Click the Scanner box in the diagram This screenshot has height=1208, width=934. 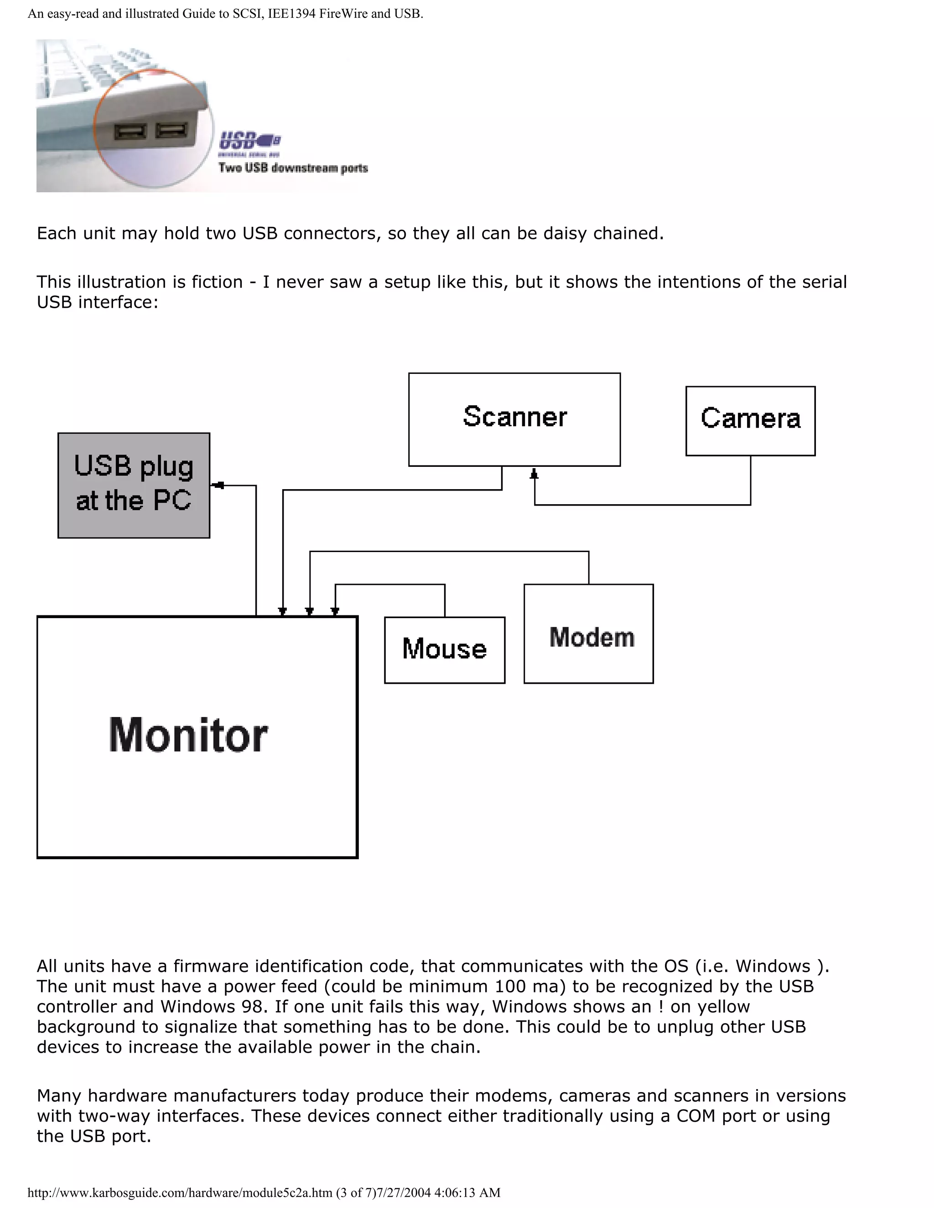514,419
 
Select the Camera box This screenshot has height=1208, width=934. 750,420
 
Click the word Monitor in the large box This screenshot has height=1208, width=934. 188,735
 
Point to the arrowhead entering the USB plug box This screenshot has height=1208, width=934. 218,485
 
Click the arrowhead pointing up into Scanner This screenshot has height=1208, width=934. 534,474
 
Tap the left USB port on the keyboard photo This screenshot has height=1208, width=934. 130,132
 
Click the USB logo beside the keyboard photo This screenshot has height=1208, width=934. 249,141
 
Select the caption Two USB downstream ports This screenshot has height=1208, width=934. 293,168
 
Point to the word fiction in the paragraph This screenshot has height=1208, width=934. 217,282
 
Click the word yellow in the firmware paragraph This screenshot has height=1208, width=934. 723,1006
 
